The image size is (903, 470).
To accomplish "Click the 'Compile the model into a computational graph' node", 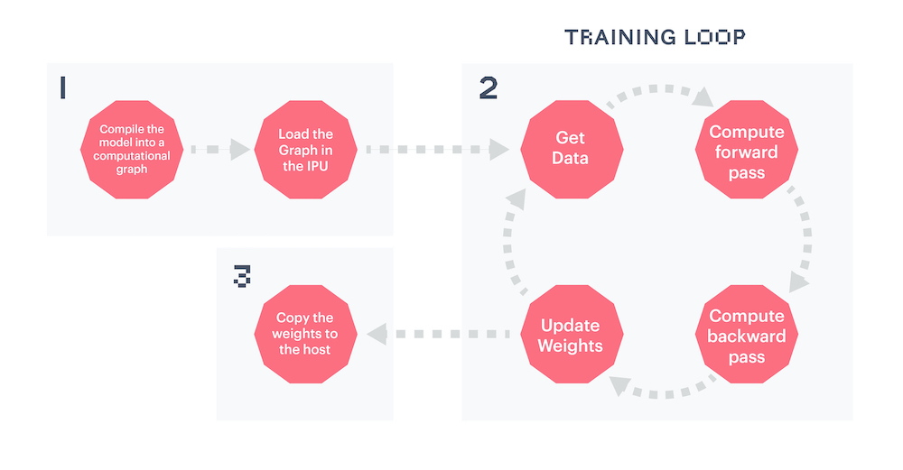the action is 132,150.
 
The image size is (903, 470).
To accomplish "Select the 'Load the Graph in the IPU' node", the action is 306,150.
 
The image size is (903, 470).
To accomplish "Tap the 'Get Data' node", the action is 572,150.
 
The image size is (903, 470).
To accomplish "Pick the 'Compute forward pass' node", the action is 747,150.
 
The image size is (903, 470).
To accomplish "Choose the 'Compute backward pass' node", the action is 747,335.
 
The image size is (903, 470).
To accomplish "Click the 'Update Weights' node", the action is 572,335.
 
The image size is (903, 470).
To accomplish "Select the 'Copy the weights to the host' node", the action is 306,335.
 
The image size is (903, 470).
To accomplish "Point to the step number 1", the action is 63,88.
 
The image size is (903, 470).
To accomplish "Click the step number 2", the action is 489,88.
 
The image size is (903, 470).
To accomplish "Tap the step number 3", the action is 242,275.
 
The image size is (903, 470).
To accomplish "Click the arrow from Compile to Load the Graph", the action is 220,150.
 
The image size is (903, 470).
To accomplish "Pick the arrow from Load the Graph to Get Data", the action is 438,150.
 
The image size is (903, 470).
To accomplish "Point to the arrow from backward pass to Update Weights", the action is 662,392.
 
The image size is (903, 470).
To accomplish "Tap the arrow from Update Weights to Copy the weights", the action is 439,335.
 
